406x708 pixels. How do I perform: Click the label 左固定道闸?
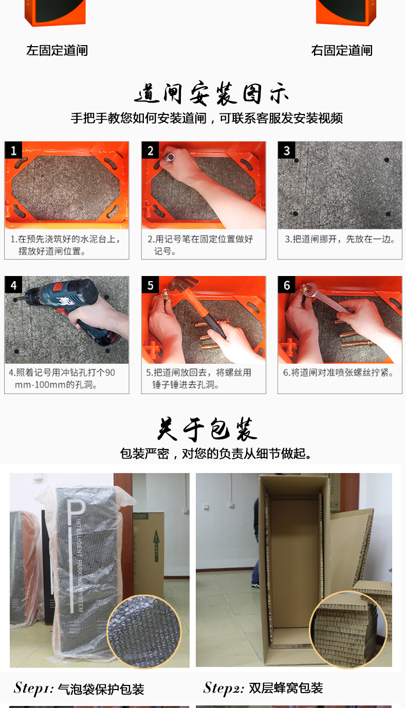click(x=57, y=51)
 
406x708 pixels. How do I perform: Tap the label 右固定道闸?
click(x=342, y=51)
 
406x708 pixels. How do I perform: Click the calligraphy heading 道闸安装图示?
click(x=211, y=93)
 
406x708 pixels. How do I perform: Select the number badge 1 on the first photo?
click(x=13, y=150)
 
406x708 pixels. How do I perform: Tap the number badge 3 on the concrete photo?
click(x=287, y=150)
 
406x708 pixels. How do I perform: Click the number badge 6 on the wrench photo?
click(x=287, y=285)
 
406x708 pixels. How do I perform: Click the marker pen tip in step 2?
click(x=171, y=157)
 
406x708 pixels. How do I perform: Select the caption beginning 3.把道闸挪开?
click(x=340, y=239)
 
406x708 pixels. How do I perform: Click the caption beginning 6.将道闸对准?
click(x=339, y=372)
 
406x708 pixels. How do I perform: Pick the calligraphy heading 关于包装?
click(x=208, y=429)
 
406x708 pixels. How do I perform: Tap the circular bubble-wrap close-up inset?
click(x=144, y=632)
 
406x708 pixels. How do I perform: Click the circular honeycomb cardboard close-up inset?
click(x=348, y=630)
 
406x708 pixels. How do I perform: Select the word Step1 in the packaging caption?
click(x=33, y=689)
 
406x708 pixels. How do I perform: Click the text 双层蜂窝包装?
click(x=286, y=688)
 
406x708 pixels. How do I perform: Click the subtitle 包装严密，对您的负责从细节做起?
click(x=216, y=454)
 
